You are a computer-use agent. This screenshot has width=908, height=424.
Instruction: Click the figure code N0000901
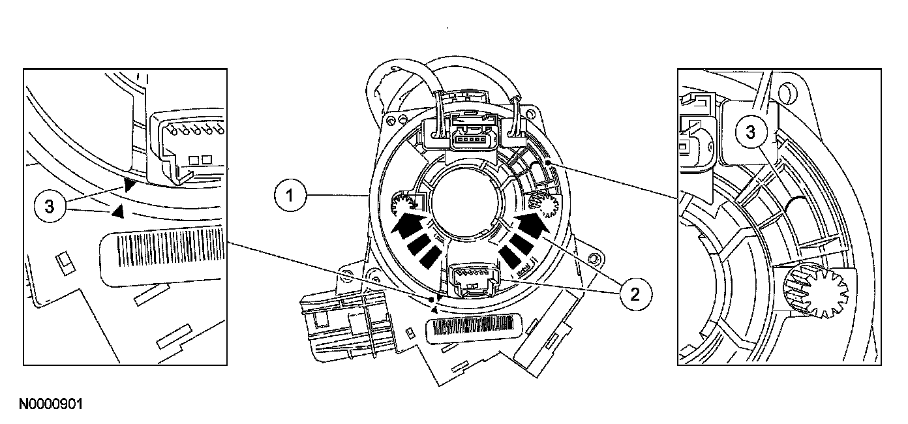(x=51, y=404)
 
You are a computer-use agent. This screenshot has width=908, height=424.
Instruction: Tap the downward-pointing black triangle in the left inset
(x=131, y=185)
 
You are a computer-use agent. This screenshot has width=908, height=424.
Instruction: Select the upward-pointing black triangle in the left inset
(x=117, y=211)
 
